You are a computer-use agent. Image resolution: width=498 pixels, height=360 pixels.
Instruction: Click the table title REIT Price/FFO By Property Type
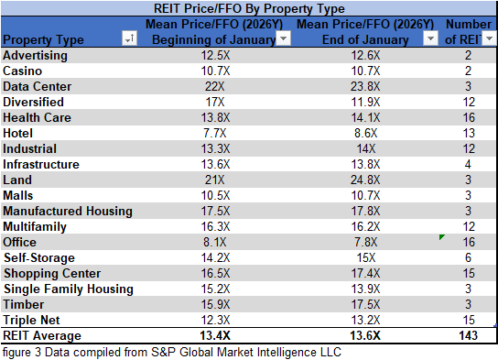pos(248,7)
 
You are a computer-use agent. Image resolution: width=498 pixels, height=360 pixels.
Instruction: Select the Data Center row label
pos(36,86)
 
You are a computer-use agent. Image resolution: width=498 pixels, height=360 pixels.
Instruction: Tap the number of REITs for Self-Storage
pos(468,257)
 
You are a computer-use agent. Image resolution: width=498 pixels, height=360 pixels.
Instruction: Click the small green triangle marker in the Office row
pos(442,237)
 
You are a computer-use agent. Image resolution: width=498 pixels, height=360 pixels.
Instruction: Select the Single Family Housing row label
pos(69,289)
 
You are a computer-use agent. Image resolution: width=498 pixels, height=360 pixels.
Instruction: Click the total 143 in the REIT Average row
pos(468,335)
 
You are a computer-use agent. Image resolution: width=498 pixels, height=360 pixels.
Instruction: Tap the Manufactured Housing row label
pos(68,211)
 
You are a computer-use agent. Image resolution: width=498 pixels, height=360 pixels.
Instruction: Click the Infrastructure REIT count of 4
pos(468,164)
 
